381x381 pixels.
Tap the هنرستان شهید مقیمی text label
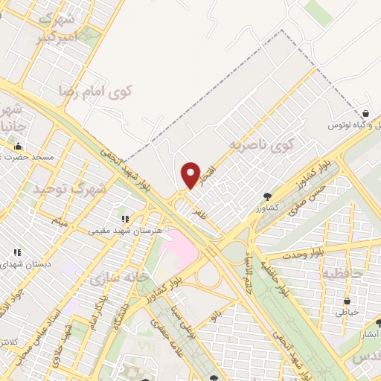[119, 231]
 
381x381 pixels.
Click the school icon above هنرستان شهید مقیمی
[125, 219]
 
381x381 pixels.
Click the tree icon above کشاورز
[266, 196]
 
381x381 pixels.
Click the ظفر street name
[198, 213]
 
